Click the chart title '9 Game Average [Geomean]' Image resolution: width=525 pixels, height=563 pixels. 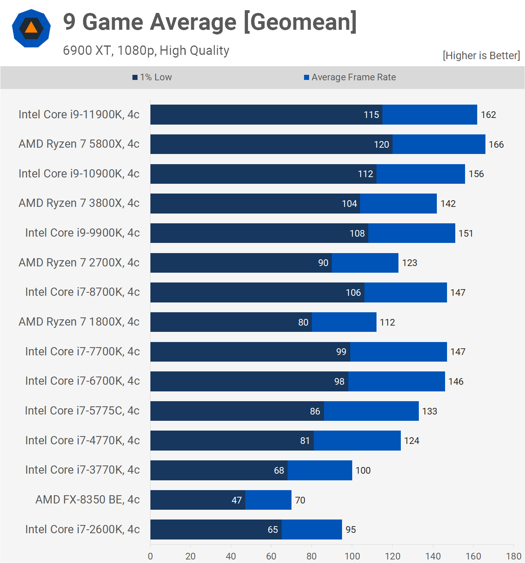coord(210,22)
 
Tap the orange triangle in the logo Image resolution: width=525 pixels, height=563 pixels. coord(31,28)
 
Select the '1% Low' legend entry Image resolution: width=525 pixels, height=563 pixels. coord(152,77)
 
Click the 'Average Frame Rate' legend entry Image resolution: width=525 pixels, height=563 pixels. coord(350,77)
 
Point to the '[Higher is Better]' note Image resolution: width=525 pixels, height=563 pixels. coord(482,55)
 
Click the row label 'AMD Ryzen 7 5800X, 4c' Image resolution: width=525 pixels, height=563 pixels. coord(79,144)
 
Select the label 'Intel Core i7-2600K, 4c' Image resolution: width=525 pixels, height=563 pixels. coord(82,529)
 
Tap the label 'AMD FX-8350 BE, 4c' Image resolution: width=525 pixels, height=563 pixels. coord(87,500)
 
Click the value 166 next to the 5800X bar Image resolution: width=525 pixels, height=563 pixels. coord(496,144)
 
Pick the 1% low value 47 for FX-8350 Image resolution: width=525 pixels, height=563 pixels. coord(237,500)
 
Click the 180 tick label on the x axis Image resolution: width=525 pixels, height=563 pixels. coord(514,556)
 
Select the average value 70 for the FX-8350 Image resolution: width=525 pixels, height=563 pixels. coord(300,500)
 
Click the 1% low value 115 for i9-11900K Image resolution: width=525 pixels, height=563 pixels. coord(371,114)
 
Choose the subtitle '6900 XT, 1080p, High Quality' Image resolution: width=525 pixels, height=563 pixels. coord(146,51)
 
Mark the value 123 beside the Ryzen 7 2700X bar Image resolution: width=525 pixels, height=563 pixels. coord(409,263)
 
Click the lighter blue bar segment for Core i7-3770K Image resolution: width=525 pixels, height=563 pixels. coord(320,470)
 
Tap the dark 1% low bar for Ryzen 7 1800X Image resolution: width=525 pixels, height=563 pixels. coord(231,322)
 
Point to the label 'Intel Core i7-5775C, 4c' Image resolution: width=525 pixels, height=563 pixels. coord(82,411)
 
